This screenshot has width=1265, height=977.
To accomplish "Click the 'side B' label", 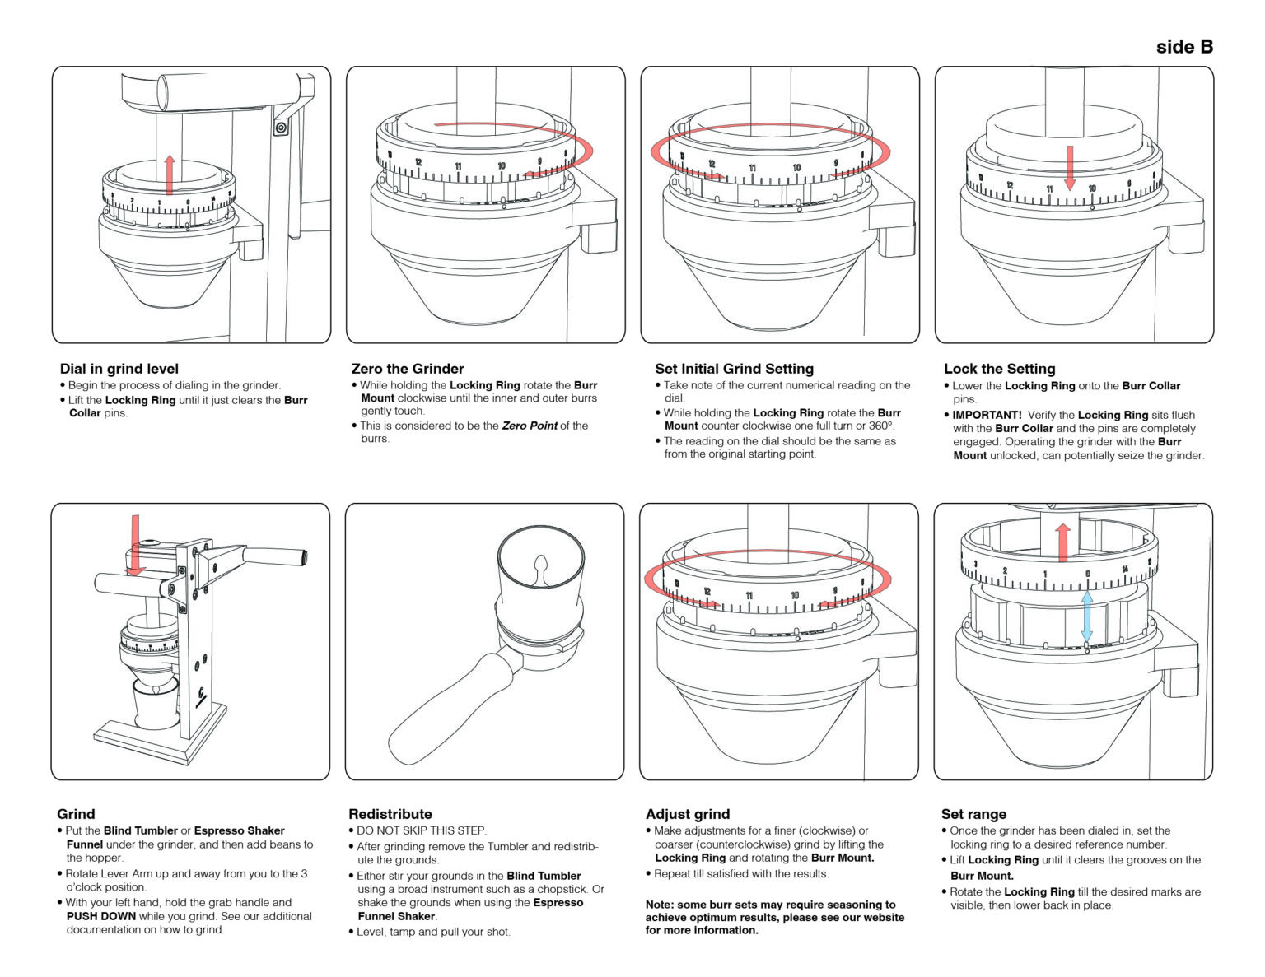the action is click(x=1184, y=47).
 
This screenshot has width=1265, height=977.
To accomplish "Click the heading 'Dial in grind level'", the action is click(x=119, y=369).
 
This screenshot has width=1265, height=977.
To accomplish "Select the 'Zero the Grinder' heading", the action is click(x=408, y=369).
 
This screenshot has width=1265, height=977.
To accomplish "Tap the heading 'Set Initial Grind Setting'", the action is click(x=734, y=369).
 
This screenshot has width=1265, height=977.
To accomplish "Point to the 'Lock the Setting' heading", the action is click(x=1000, y=369).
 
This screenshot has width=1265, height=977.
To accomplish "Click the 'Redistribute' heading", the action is click(x=390, y=814).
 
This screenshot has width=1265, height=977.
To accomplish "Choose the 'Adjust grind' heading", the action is click(x=688, y=814).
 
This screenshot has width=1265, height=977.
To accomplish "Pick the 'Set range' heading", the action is click(x=974, y=814).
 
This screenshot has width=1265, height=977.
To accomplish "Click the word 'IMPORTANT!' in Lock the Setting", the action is click(x=987, y=415).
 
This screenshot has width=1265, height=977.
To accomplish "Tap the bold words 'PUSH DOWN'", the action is click(x=101, y=917).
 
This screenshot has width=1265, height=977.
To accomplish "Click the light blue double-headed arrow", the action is click(x=1086, y=617).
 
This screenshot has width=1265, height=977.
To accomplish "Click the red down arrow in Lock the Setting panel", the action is click(x=1069, y=168).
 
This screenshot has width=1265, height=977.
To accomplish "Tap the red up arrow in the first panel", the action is click(x=170, y=174).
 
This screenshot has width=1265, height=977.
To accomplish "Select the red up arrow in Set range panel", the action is click(x=1063, y=542).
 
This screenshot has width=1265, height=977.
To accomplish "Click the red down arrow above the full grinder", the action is click(x=136, y=545).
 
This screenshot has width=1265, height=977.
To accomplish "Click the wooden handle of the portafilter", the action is click(x=448, y=709).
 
